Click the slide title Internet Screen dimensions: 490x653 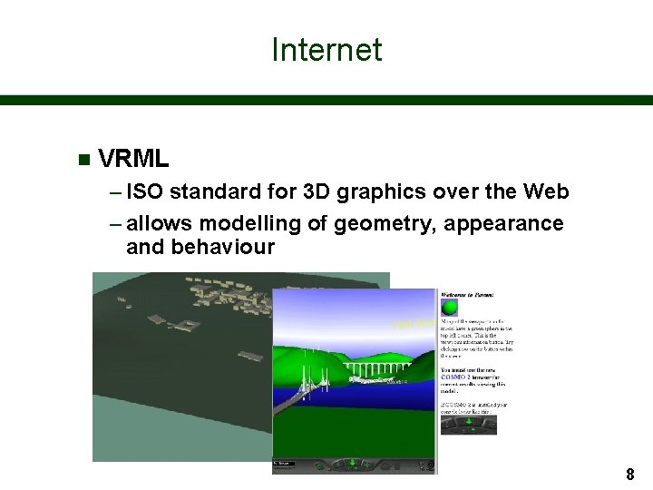[326, 50]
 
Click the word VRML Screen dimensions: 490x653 [133, 160]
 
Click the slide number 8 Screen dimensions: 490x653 [629, 474]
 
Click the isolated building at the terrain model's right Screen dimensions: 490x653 [251, 357]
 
